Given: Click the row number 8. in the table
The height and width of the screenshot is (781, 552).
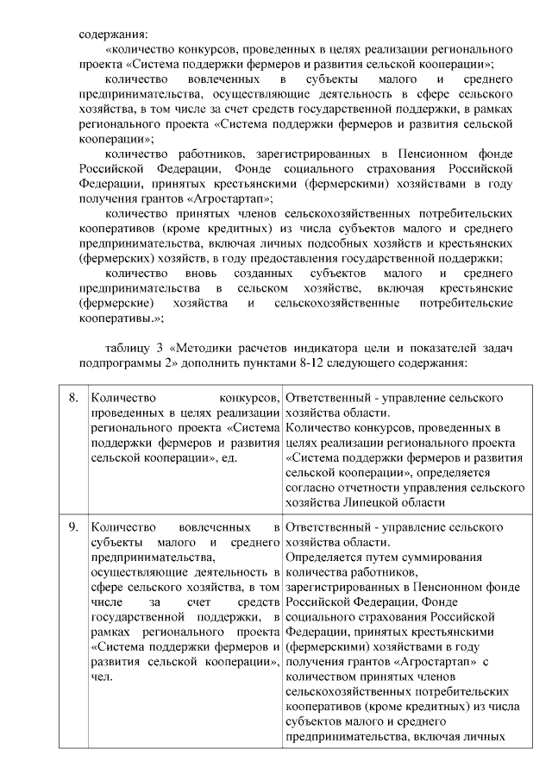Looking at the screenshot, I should point(73,398).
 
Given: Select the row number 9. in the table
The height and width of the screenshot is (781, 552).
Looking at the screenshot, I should point(73,526).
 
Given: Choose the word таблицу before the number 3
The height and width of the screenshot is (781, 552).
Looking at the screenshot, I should point(126,347).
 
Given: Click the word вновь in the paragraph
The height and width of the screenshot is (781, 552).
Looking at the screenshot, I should point(193,274).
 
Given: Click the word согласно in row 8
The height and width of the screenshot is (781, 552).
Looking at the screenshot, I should point(308,487).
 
